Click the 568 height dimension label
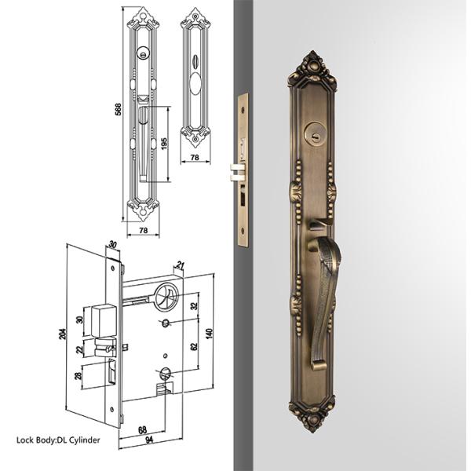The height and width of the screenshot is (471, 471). click(119, 109)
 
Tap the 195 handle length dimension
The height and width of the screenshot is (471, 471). click(164, 144)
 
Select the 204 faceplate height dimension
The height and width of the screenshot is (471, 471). click(64, 334)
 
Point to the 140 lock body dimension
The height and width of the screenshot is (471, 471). click(209, 334)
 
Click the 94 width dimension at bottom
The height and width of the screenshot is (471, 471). click(149, 440)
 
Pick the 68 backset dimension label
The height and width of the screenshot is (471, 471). click(142, 430)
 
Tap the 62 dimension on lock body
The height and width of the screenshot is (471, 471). click(194, 346)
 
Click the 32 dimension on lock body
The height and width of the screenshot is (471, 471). click(194, 306)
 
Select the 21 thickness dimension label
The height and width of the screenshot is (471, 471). click(180, 265)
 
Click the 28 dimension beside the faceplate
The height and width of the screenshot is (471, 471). click(78, 376)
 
